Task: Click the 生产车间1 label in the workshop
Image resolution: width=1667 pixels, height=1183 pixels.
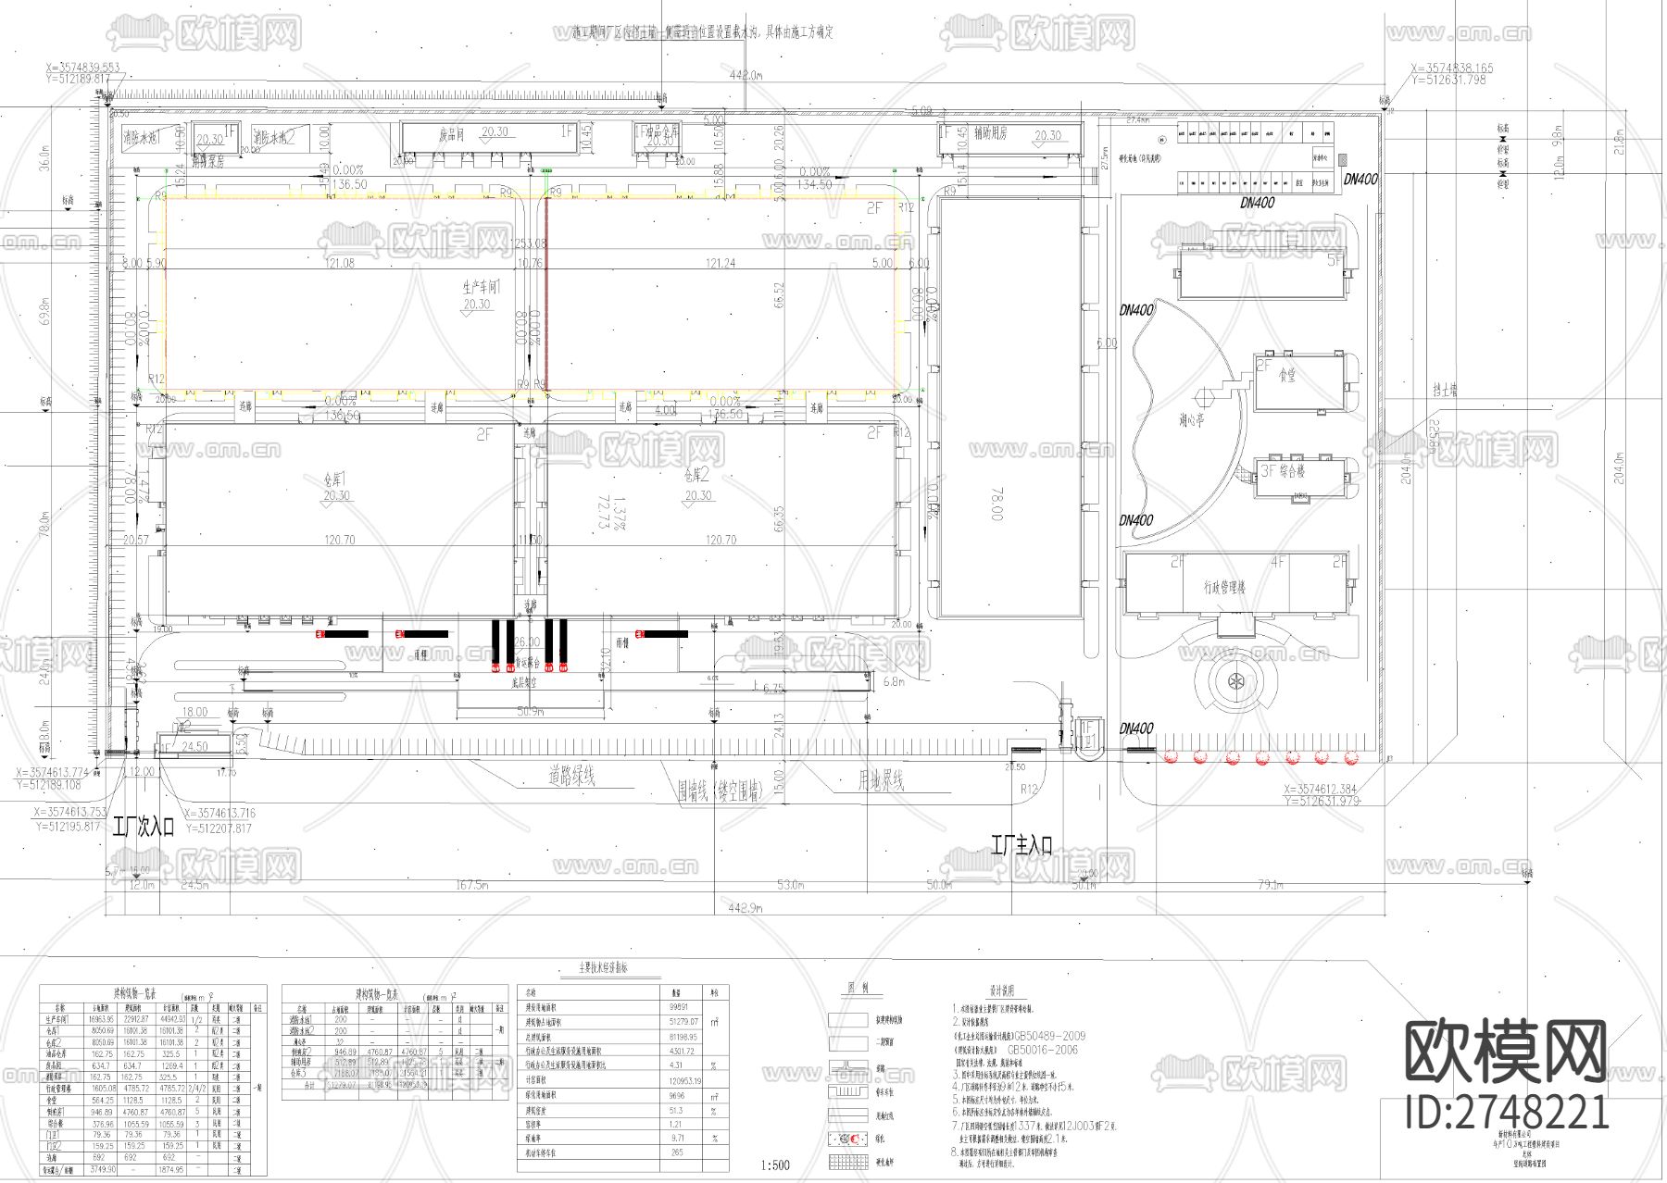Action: tap(481, 288)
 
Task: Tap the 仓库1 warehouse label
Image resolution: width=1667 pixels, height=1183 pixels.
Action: tap(333, 479)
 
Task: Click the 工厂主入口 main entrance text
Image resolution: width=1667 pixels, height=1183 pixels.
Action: tap(1021, 844)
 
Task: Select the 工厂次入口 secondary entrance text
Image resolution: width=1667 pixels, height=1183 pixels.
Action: tap(144, 827)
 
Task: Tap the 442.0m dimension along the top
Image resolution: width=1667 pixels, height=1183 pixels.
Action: tap(746, 74)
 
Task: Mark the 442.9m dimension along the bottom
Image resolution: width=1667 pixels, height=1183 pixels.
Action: tap(746, 910)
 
